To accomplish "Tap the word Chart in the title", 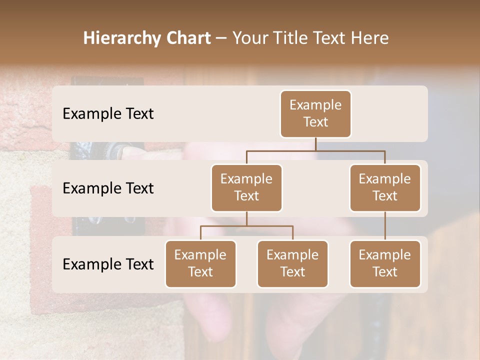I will [185, 38].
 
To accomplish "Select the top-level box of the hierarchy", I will [315, 114].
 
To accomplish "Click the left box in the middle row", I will [246, 188].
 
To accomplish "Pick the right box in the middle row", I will [385, 188].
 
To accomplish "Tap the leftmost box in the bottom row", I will [200, 264].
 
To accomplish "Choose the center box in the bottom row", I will [292, 264].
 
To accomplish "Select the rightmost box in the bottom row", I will [385, 264].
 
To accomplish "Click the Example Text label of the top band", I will [108, 114].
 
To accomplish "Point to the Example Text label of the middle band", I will [108, 188].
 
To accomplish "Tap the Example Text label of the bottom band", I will [108, 264].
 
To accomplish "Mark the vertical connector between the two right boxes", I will [385, 226].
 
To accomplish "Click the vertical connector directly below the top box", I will [315, 144].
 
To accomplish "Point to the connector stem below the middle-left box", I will [246, 218].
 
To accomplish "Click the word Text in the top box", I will [315, 122].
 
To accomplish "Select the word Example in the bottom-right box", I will [385, 255].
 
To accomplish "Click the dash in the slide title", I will [221, 38].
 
